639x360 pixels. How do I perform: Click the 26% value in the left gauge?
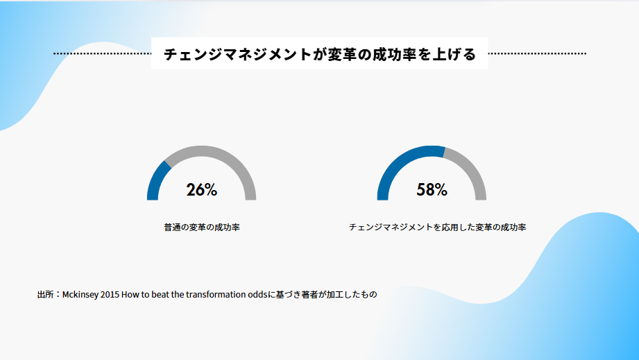click(x=202, y=190)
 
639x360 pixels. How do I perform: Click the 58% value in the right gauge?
click(x=432, y=190)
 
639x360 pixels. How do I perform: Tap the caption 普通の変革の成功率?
click(x=202, y=228)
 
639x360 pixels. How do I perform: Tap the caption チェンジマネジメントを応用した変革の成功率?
click(x=437, y=228)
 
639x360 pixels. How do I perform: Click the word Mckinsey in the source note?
click(x=80, y=294)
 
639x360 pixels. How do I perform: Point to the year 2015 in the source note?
click(x=110, y=294)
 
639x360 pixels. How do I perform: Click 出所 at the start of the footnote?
click(x=45, y=294)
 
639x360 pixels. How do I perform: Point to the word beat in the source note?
click(x=160, y=294)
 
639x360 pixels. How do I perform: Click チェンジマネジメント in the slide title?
click(x=237, y=54)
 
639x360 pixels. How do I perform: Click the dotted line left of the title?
click(x=102, y=53)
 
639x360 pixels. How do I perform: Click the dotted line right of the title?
click(x=537, y=53)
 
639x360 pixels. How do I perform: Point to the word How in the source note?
click(x=130, y=294)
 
